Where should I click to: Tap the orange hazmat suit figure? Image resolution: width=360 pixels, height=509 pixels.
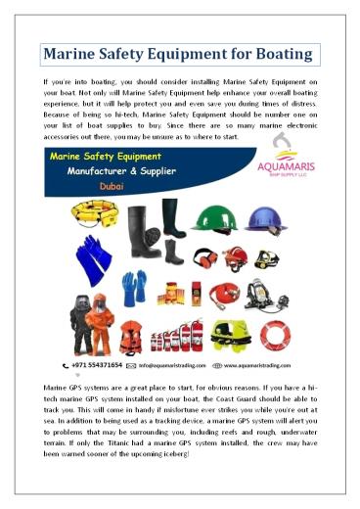(100, 328)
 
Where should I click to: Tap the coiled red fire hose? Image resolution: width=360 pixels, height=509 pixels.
(220, 295)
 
